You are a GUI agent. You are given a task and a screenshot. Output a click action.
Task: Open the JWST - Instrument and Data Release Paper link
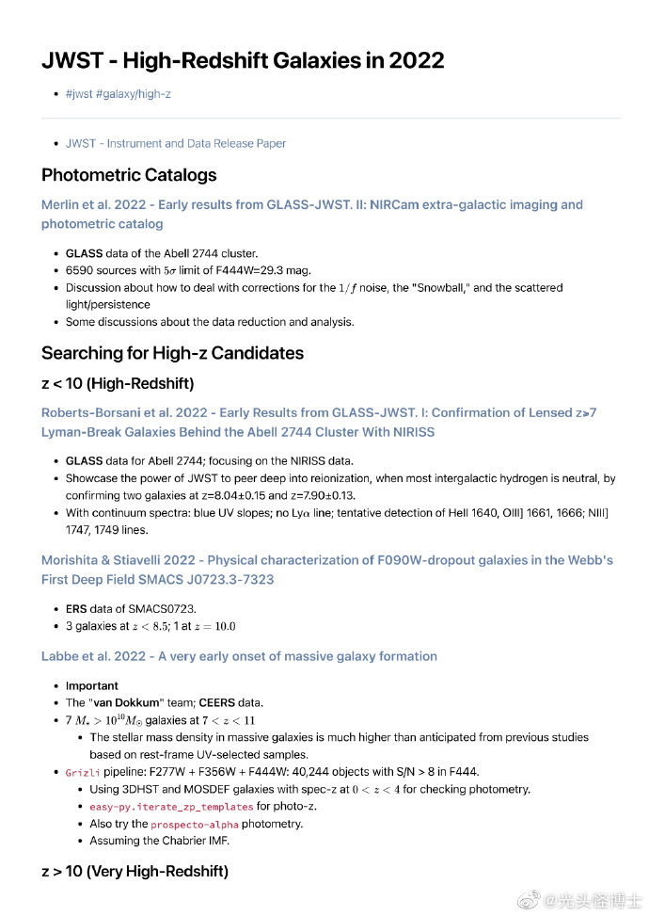click(x=176, y=143)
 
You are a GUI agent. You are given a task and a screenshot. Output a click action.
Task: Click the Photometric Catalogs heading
click(x=129, y=175)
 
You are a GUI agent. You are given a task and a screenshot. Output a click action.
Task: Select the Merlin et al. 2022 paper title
click(x=311, y=214)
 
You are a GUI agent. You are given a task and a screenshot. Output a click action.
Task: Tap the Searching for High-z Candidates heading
click(x=172, y=354)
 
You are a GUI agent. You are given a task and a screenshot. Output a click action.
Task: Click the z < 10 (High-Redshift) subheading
click(x=117, y=383)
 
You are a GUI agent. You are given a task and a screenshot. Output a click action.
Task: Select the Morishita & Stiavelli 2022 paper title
click(x=326, y=570)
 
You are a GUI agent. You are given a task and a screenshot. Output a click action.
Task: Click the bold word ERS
click(x=76, y=609)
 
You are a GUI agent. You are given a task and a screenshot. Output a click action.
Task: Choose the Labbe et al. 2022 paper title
click(x=239, y=656)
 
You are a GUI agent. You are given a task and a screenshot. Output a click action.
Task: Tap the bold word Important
click(x=92, y=686)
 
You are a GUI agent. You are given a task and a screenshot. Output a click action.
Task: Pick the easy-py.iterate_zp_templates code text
click(x=172, y=807)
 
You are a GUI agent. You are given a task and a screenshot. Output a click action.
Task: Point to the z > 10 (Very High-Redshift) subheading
click(x=135, y=872)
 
